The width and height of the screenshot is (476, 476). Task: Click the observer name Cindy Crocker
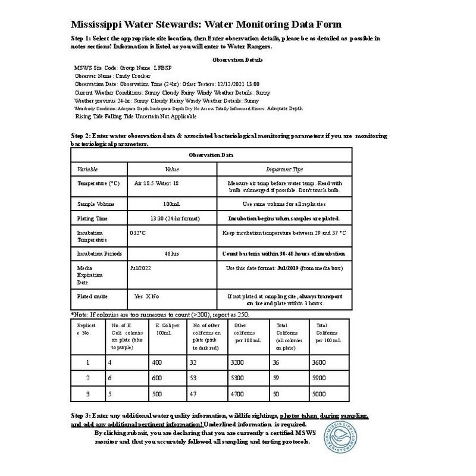[127, 76]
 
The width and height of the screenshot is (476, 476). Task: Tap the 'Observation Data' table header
[211, 155]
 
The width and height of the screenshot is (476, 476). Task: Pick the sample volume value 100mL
[171, 204]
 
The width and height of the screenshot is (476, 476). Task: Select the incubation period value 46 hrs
[171, 253]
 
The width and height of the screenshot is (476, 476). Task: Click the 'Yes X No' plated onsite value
[147, 295]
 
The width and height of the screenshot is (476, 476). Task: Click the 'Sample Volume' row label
[96, 204]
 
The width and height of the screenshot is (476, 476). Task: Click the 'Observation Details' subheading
[237, 59]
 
